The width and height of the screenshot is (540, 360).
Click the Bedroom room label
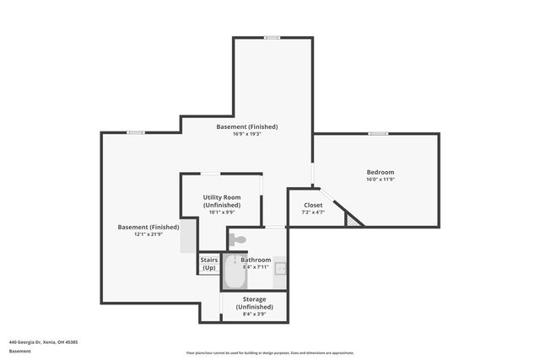coord(380,172)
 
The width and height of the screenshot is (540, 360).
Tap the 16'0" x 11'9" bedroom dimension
coord(380,180)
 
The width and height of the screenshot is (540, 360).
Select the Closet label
coord(313,205)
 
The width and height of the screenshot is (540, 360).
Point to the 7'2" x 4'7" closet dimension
coord(313,212)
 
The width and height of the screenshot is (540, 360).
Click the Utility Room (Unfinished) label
coord(222,201)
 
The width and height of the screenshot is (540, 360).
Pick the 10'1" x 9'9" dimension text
coord(222,212)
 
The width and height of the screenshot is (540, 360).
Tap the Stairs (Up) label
coord(208,264)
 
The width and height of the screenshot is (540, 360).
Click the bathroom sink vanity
coord(280,269)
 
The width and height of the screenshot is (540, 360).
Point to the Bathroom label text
coord(256,260)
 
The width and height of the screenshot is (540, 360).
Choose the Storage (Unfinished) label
coord(255,303)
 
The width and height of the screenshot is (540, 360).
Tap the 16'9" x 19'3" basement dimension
coord(247,134)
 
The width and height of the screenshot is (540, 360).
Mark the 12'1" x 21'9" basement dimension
coord(148,234)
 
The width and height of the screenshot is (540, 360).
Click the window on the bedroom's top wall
coord(378,133)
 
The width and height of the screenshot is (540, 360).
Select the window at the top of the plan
coord(272,37)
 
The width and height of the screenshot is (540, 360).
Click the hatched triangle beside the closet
coord(354,218)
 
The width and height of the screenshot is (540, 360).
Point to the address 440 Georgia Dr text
coord(44,342)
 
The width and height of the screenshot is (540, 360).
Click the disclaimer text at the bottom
coord(270,352)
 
